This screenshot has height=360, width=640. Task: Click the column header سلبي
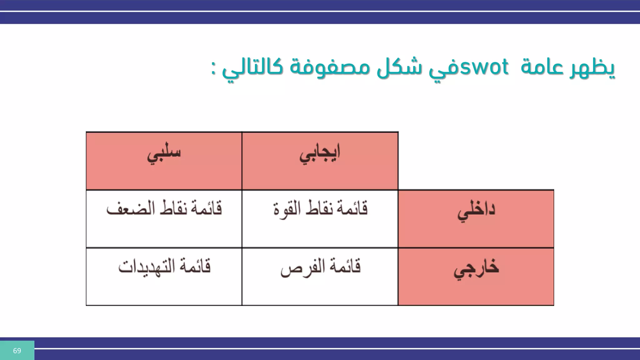coord(164,153)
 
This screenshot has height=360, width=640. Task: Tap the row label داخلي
coord(476,211)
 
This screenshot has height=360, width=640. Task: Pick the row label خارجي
coord(476,269)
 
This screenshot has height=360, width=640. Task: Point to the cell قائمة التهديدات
coord(164,267)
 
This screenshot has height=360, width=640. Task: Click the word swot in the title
coord(484,67)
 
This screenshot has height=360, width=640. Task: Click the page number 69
coord(17,351)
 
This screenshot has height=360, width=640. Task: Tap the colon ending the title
coord(213,68)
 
